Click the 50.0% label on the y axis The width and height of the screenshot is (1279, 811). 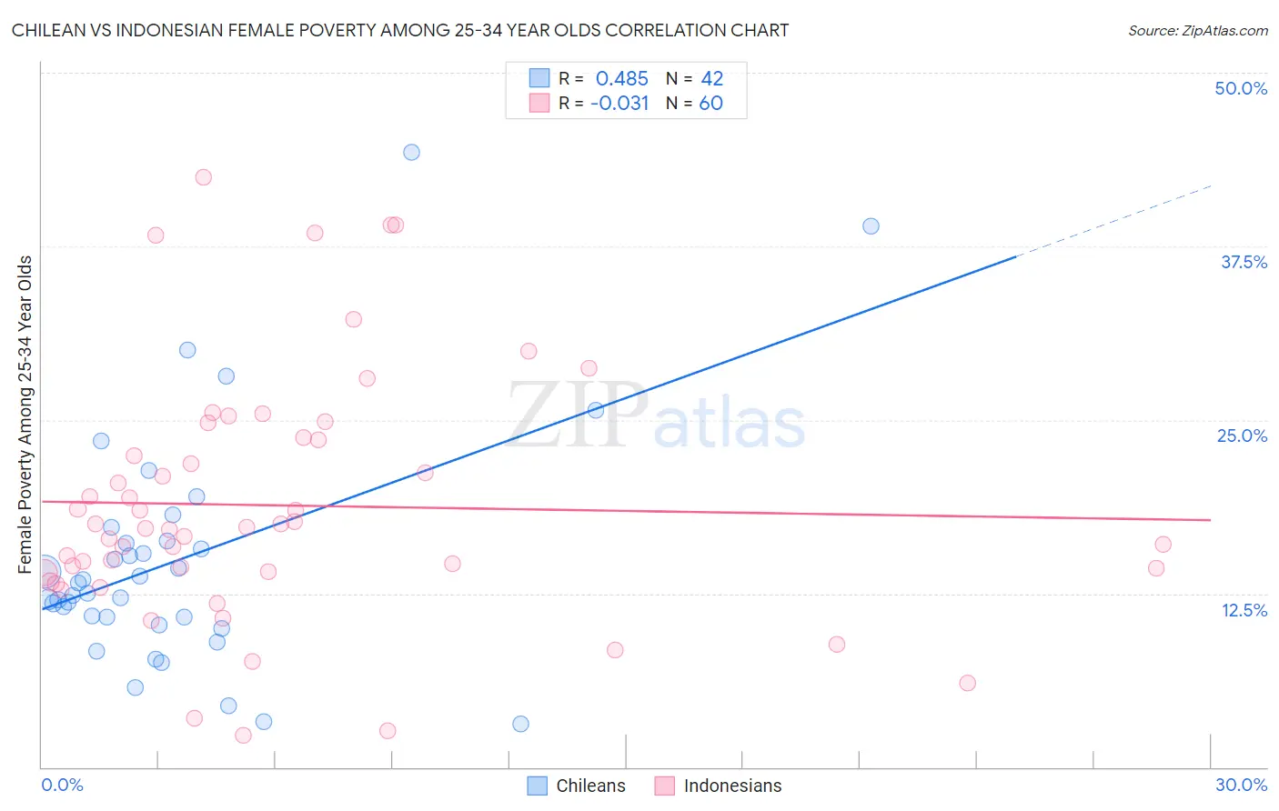tap(1241, 88)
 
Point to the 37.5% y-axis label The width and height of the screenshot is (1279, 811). tap(1244, 262)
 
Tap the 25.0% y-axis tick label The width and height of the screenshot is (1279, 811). tap(1242, 436)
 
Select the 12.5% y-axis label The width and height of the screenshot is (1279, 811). tap(1244, 610)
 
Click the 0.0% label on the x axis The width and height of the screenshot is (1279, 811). tap(62, 785)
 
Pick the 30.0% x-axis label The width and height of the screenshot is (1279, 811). tap(1241, 785)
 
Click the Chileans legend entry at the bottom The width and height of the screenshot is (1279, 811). tap(577, 786)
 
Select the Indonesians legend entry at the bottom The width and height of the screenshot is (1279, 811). tap(718, 786)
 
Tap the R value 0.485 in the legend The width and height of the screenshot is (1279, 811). tap(621, 79)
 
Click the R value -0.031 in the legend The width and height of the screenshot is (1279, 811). tap(619, 104)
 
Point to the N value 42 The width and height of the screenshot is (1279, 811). tap(711, 79)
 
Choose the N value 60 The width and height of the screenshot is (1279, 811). tap(710, 104)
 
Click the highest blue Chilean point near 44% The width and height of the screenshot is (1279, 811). tap(411, 152)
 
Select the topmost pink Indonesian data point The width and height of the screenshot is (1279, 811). tap(204, 177)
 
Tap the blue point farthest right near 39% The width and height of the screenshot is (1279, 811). tap(871, 225)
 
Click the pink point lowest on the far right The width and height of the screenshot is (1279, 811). tap(967, 683)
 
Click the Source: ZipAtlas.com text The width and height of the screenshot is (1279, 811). tap(1197, 30)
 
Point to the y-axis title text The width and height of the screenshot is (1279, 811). tap(25, 414)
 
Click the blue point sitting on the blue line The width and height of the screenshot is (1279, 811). tap(596, 410)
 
